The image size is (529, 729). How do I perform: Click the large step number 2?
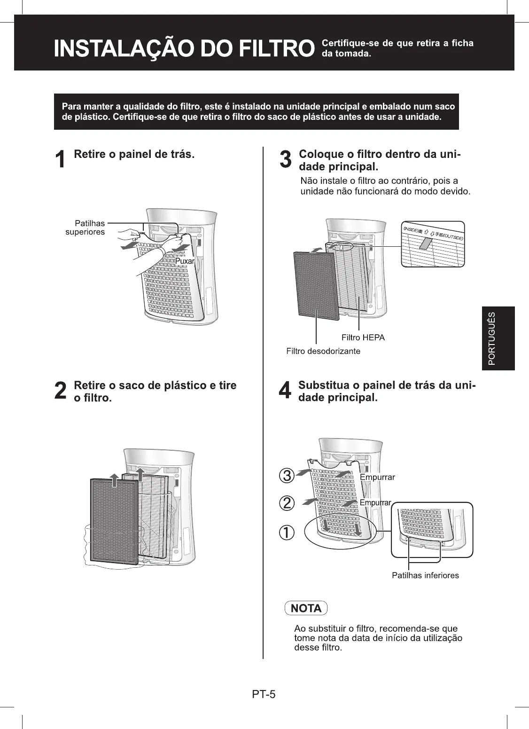(x=60, y=391)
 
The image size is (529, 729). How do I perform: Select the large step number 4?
(x=285, y=391)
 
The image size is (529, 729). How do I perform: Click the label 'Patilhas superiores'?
(x=85, y=227)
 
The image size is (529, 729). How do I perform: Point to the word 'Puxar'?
(x=185, y=261)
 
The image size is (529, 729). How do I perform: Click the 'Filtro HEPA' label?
(x=363, y=337)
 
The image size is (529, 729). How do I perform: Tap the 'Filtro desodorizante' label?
(x=323, y=351)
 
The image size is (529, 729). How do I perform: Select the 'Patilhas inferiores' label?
(x=425, y=575)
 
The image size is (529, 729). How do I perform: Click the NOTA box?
(x=306, y=608)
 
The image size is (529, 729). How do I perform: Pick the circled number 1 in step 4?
(x=287, y=533)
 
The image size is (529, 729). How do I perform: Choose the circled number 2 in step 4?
(x=287, y=503)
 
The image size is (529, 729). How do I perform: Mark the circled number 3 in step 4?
(x=287, y=475)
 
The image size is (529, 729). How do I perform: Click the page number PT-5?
(x=264, y=694)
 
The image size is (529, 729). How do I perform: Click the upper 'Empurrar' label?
(x=377, y=478)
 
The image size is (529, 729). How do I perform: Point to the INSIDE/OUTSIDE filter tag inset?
(x=432, y=243)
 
